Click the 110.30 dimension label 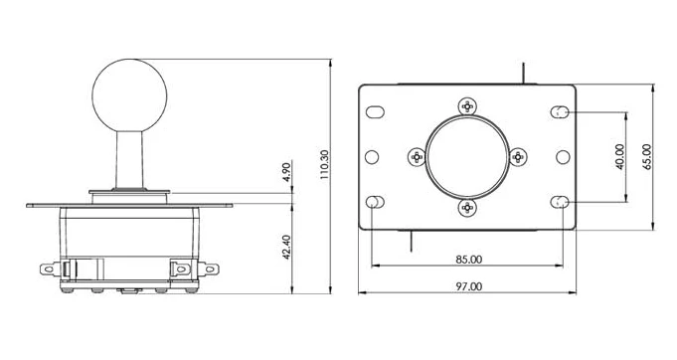tap(325, 164)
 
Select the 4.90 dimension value tap(287, 171)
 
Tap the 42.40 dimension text tap(286, 248)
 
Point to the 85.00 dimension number tap(469, 260)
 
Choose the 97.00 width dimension tap(469, 286)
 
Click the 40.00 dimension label tap(620, 157)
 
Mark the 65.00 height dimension tap(647, 157)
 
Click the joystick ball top tap(129, 95)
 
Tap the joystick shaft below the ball tap(129, 160)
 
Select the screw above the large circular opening tap(467, 105)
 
